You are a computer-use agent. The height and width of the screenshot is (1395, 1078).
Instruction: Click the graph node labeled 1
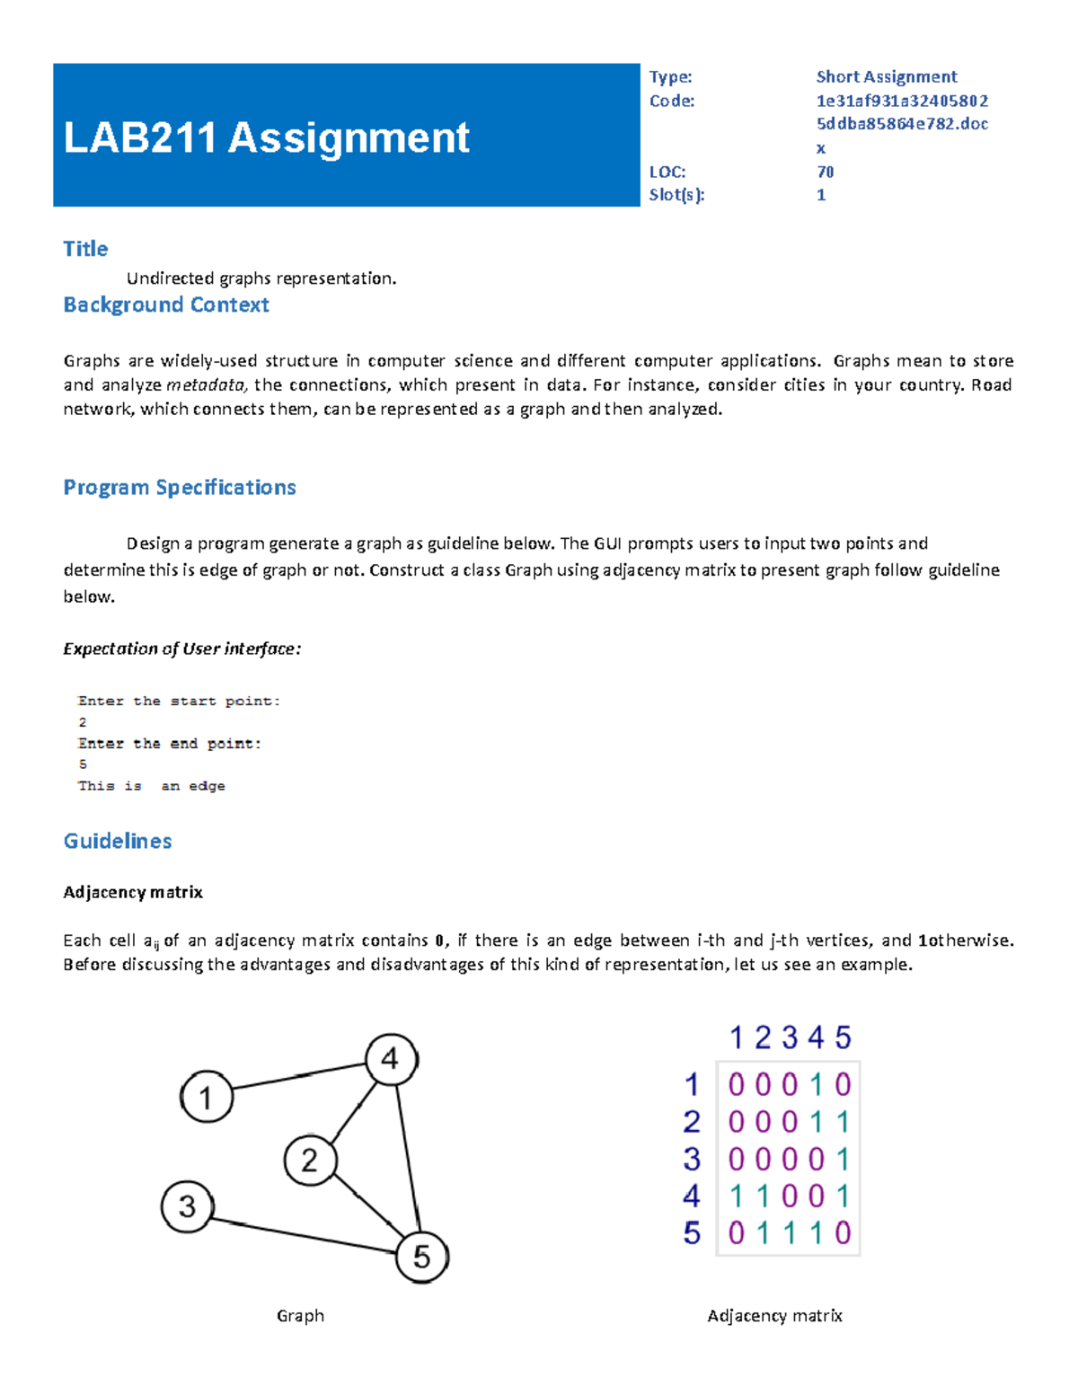[x=207, y=1097]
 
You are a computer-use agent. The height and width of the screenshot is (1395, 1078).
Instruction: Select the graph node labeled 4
[x=391, y=1059]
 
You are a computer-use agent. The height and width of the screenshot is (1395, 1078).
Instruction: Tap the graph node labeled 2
[x=310, y=1160]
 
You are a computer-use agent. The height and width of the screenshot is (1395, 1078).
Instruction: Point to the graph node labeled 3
[x=187, y=1206]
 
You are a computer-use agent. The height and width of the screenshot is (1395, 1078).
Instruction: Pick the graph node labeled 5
[x=421, y=1257]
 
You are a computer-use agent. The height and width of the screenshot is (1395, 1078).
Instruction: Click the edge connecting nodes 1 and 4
[x=299, y=1077]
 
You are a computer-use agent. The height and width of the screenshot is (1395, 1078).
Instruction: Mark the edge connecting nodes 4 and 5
[x=408, y=1159]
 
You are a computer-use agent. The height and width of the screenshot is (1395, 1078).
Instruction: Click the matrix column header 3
[x=790, y=1038]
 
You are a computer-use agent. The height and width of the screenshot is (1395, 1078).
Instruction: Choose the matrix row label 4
[x=691, y=1196]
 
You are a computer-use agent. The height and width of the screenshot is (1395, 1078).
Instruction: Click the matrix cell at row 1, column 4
[x=817, y=1085]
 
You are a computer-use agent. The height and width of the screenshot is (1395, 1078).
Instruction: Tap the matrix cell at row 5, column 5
[x=843, y=1233]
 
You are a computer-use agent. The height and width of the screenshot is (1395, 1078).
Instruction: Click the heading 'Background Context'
[x=166, y=305]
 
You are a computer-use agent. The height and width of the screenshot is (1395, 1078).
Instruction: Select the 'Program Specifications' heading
[x=180, y=488]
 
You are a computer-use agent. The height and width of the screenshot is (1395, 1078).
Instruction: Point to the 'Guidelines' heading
[x=118, y=842]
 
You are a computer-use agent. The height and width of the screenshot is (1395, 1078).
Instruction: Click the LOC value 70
[x=825, y=172]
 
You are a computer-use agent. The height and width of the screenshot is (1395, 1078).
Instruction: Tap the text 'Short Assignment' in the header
[x=886, y=77]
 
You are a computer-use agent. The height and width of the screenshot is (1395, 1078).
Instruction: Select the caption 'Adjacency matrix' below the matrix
[x=774, y=1316]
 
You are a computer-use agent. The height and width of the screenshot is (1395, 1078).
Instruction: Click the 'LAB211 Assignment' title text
[x=266, y=138]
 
